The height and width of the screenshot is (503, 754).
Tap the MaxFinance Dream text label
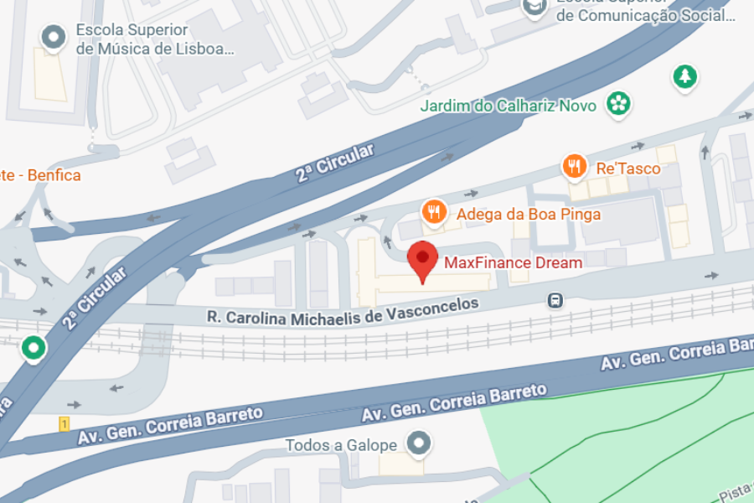pyautogui.click(x=513, y=262)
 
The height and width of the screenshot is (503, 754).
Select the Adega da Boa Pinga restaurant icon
pyautogui.click(x=433, y=212)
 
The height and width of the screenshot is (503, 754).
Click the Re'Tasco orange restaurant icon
pyautogui.click(x=574, y=167)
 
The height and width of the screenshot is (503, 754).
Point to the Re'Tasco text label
pyautogui.click(x=627, y=169)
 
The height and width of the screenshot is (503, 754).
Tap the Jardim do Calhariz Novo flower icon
pyautogui.click(x=619, y=104)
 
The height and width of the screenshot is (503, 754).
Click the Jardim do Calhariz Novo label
pyautogui.click(x=508, y=106)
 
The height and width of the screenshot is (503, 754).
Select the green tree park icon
pyautogui.click(x=685, y=77)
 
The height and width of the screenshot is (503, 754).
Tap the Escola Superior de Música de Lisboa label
pyautogui.click(x=155, y=39)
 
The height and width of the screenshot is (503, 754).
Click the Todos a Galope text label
pyautogui.click(x=341, y=445)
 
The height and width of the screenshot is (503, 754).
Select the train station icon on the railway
pyautogui.click(x=554, y=299)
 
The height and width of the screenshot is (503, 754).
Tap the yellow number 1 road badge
pyautogui.click(x=64, y=425)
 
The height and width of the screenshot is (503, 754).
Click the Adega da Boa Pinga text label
pyautogui.click(x=528, y=214)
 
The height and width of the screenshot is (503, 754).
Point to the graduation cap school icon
pyautogui.click(x=534, y=8)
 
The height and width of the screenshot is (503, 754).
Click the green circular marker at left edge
pyautogui.click(x=34, y=347)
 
